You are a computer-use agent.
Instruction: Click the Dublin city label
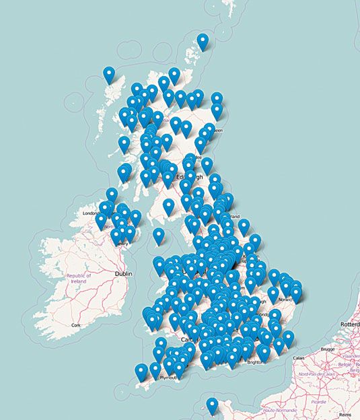coord(123,274)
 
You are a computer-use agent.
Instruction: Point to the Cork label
coord(76,325)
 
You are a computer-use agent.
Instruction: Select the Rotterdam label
coord(350,324)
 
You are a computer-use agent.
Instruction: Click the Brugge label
coord(328,350)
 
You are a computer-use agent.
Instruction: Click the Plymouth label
coord(168,378)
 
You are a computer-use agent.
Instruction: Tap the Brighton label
coord(255,361)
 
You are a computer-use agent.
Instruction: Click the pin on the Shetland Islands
coord(203,40)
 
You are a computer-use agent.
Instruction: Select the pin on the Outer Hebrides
coord(109,74)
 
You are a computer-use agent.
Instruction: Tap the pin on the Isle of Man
coord(158,235)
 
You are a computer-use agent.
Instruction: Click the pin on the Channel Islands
coord(212,405)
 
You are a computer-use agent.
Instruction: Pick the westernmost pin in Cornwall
coord(141,371)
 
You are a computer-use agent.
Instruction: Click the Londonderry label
coord(91,213)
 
